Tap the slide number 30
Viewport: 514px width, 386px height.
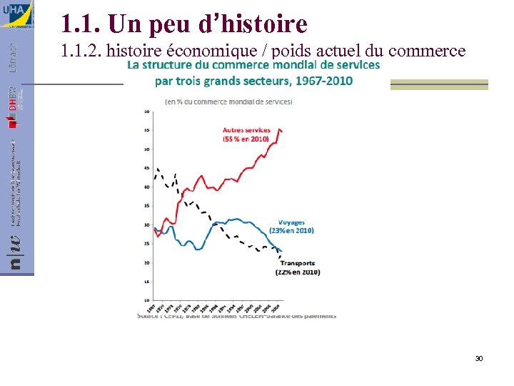[x=479, y=357]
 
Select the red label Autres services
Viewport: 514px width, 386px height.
[x=246, y=130]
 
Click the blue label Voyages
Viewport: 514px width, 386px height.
[x=291, y=222]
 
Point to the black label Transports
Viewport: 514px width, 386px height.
[x=297, y=263]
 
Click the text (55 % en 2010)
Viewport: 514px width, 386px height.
[x=246, y=139]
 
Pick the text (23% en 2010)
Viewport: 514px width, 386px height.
[x=291, y=231]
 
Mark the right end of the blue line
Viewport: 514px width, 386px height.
[x=281, y=251]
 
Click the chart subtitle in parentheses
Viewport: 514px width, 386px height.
[x=228, y=102]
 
